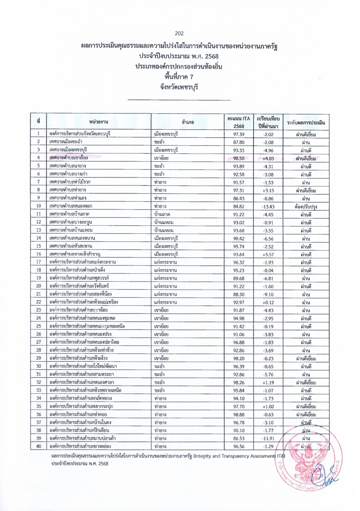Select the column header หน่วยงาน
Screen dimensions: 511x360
coord(99,122)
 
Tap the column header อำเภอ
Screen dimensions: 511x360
coord(188,122)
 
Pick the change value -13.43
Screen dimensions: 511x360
coord(268,207)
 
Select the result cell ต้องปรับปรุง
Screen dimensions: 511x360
coord(306,207)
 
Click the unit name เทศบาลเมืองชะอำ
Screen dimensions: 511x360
coord(66,142)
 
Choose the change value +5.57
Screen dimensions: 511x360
coord(268,255)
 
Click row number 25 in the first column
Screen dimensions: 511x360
coord(38,326)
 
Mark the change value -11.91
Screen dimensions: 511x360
coord(268,439)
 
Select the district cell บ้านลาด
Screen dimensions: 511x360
coord(162,214)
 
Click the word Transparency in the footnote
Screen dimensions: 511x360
coord(239,456)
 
